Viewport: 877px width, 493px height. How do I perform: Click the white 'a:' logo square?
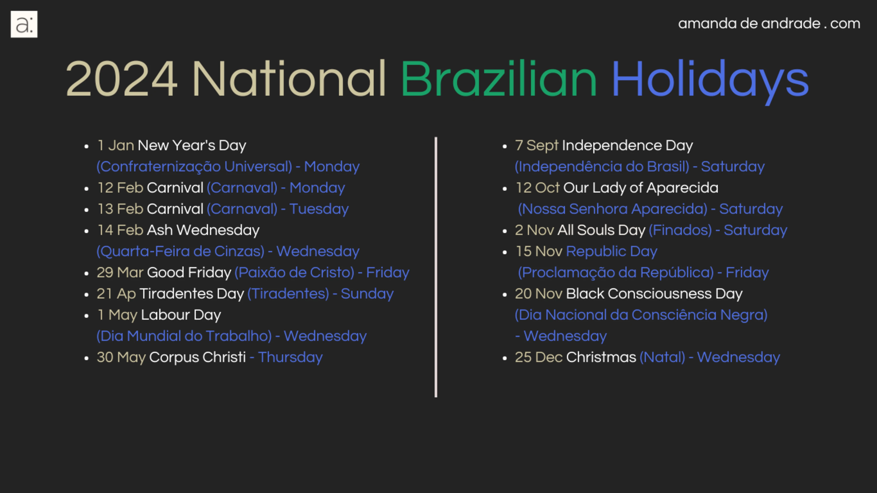(x=24, y=24)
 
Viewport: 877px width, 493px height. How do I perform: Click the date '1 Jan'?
(x=116, y=145)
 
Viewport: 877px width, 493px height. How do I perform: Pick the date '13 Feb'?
(x=120, y=209)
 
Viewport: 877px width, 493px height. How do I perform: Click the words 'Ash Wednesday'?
(x=203, y=230)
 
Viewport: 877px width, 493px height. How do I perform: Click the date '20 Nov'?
(x=538, y=293)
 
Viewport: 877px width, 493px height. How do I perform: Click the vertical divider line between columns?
(x=436, y=267)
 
